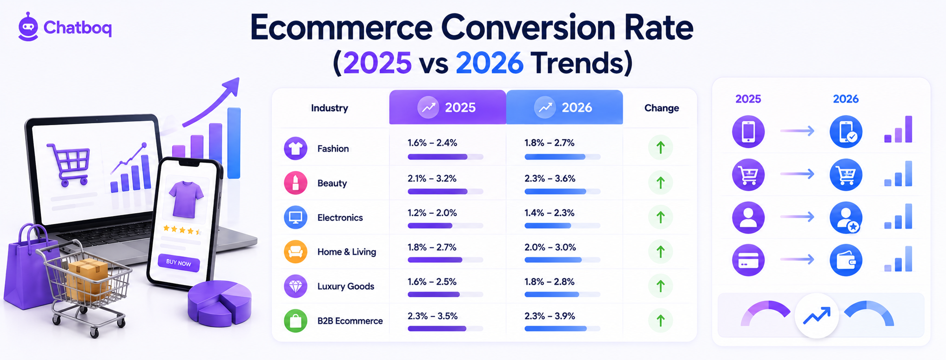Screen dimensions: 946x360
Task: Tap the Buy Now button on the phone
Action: click(179, 263)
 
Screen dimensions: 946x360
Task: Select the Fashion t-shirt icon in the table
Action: click(295, 148)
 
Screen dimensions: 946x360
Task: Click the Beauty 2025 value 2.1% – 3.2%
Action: click(432, 179)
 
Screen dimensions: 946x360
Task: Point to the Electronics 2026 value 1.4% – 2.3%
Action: click(550, 213)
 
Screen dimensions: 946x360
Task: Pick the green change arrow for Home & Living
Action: click(660, 252)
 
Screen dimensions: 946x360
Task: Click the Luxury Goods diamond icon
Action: click(295, 286)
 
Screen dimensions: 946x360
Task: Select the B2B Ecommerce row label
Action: click(350, 321)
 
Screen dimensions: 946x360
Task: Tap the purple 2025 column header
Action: click(448, 107)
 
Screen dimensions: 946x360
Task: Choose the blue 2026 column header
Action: click(564, 107)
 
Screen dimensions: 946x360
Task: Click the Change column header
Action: click(661, 108)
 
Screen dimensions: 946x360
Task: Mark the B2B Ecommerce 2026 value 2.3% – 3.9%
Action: click(550, 316)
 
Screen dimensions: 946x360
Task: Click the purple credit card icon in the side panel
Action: click(748, 260)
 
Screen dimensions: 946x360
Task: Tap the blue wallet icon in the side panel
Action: click(846, 260)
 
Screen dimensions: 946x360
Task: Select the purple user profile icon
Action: click(748, 217)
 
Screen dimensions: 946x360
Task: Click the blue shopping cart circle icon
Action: click(846, 174)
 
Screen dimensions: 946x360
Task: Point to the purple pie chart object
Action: click(219, 303)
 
